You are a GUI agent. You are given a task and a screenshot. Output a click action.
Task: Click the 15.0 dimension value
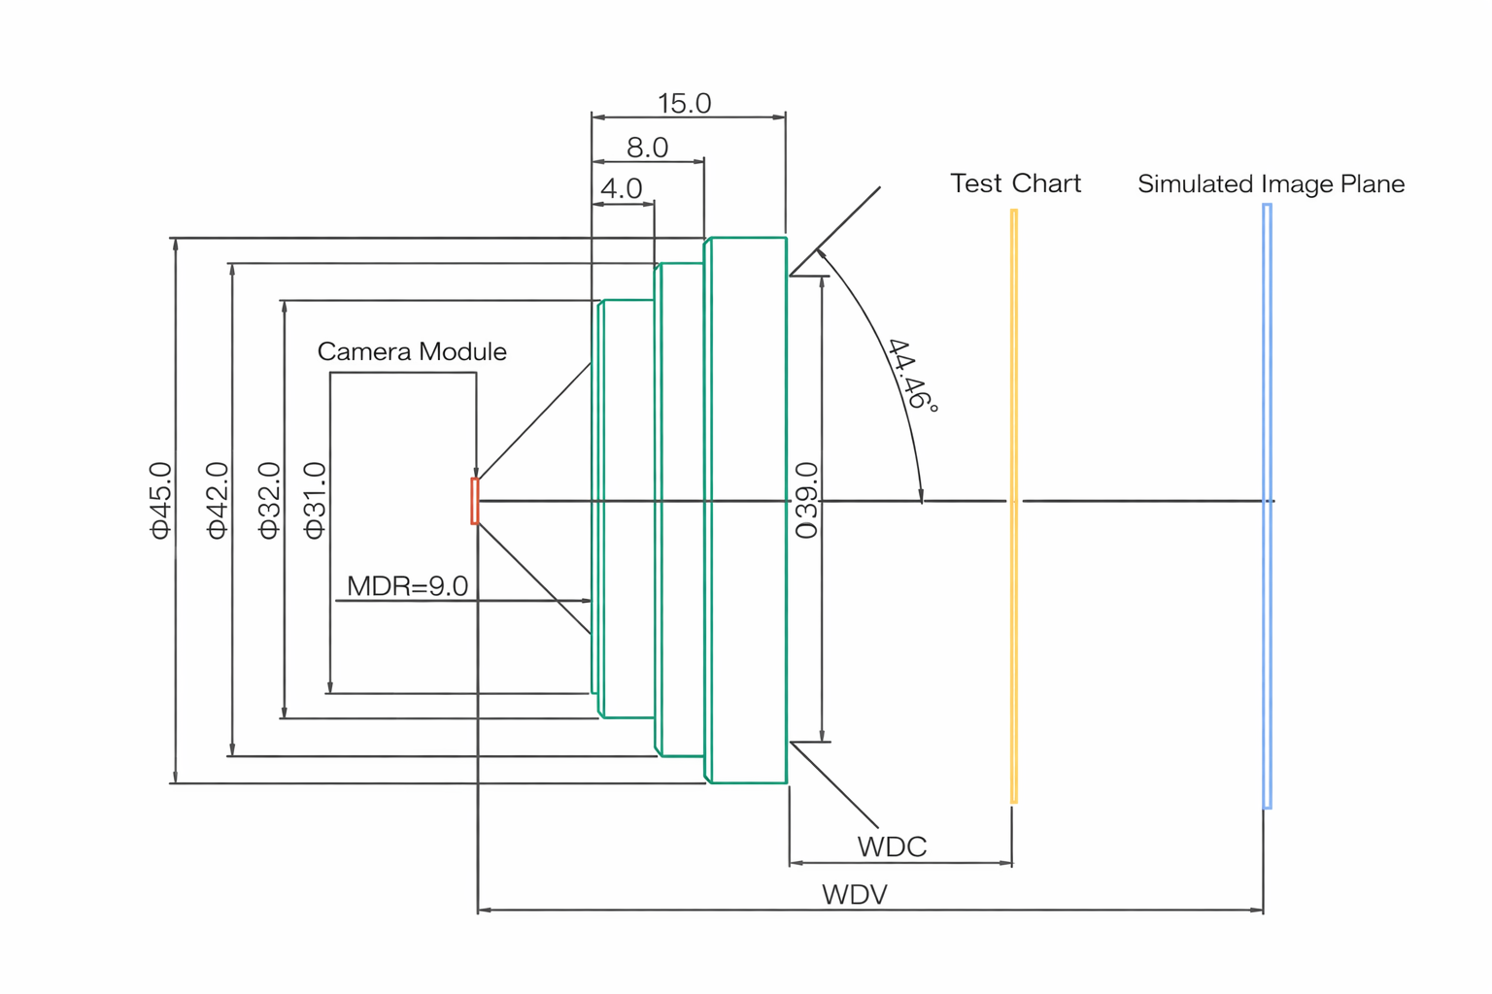(684, 103)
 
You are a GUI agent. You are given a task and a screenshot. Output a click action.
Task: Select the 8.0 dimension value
(647, 148)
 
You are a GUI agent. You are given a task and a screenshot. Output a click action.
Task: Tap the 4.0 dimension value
(621, 188)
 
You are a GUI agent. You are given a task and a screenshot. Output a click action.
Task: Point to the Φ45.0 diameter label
(160, 500)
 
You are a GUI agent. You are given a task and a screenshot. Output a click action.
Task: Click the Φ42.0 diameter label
(217, 500)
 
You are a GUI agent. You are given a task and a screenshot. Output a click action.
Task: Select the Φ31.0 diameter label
(315, 500)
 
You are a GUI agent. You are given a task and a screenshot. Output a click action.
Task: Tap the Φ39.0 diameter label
(806, 500)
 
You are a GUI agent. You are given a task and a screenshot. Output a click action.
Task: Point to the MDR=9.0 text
(407, 586)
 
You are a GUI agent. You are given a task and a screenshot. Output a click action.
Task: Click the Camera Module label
(412, 351)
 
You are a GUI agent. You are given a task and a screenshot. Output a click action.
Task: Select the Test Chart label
(1015, 183)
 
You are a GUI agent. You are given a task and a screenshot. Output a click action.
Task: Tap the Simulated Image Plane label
(1271, 183)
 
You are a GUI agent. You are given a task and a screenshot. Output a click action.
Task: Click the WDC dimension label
(892, 846)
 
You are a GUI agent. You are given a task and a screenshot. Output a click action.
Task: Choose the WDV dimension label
(855, 894)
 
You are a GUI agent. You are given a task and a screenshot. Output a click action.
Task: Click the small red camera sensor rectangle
(475, 501)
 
